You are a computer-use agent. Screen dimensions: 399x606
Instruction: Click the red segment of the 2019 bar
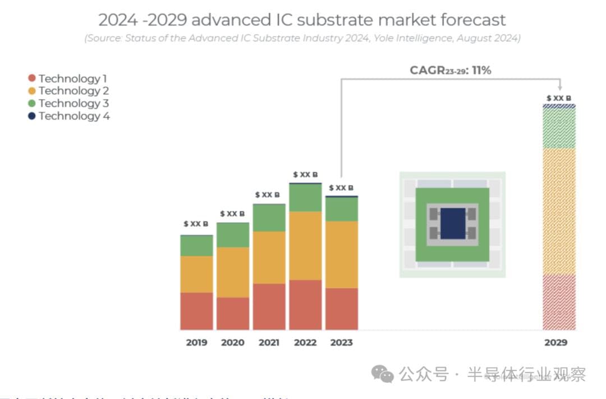[196, 311]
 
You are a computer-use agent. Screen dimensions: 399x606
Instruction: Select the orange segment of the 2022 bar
[305, 245]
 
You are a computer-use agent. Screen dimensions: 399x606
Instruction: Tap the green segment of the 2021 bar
[269, 218]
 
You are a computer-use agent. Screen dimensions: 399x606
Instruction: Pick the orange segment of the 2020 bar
[233, 272]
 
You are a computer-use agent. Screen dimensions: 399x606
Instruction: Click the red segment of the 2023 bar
[342, 309]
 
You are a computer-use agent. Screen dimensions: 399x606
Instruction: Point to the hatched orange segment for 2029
[559, 211]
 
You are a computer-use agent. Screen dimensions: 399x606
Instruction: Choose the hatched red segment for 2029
[559, 302]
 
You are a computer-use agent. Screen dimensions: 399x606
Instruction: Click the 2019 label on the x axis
[196, 342]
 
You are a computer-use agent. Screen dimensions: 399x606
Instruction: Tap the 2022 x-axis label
[305, 342]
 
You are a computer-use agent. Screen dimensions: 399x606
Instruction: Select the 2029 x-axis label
[555, 342]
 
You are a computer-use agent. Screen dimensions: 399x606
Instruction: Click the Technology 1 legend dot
[32, 79]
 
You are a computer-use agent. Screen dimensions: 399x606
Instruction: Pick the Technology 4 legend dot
[32, 116]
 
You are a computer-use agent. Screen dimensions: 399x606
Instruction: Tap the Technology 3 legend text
[74, 103]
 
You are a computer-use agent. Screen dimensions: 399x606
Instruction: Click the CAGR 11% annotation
[451, 71]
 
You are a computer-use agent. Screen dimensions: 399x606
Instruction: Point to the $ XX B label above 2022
[305, 175]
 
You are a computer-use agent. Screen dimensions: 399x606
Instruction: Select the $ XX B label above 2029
[559, 98]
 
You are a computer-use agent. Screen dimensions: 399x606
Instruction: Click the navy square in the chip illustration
[453, 223]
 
